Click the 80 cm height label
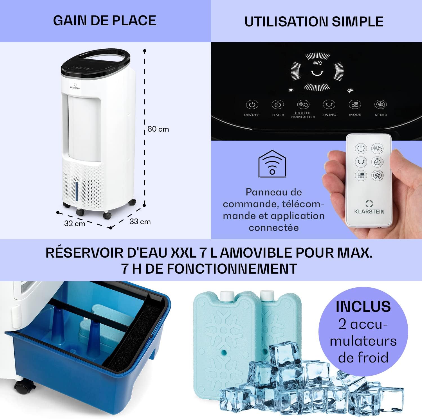click(x=158, y=129)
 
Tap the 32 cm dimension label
click(x=75, y=223)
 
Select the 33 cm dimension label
click(x=140, y=222)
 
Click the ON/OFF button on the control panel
click(x=252, y=105)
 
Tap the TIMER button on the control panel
click(x=278, y=105)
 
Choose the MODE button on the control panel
click(x=355, y=105)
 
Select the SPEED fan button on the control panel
click(x=381, y=105)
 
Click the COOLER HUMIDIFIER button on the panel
click(x=303, y=105)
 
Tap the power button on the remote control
click(x=361, y=148)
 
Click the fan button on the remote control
click(x=377, y=175)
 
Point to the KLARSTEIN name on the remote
click(x=369, y=211)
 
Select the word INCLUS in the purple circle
click(x=363, y=306)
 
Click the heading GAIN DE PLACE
click(x=105, y=21)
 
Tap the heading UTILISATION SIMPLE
click(x=314, y=22)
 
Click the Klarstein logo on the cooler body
click(x=75, y=86)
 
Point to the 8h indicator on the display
click(x=291, y=90)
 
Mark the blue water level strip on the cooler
click(x=76, y=191)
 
